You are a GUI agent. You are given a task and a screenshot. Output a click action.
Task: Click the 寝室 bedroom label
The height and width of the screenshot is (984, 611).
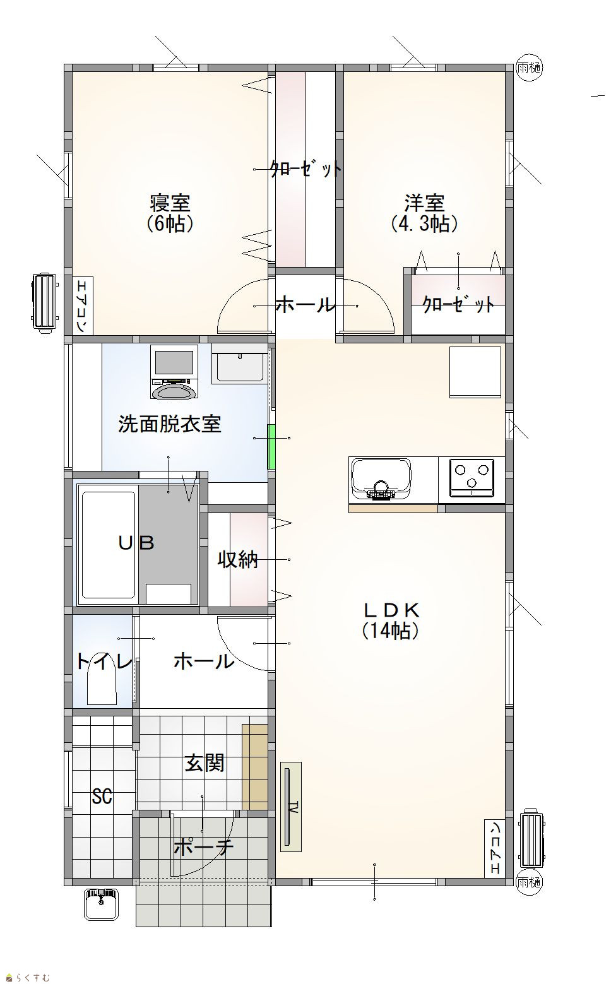point(170,203)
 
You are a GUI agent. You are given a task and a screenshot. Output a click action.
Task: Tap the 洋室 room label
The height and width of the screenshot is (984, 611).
point(425,203)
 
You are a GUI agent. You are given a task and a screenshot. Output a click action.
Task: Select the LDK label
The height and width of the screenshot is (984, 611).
point(390,610)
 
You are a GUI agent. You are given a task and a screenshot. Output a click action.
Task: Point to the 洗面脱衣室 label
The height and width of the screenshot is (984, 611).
point(170,424)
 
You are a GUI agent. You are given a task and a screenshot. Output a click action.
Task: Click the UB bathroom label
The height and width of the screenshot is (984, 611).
point(136,543)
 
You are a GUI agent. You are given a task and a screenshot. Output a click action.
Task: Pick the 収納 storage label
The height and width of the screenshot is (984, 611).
point(238,559)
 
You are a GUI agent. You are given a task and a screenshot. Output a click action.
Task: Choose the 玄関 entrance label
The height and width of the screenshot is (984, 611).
point(205,763)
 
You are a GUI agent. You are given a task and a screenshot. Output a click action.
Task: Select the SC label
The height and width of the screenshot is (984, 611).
point(102,796)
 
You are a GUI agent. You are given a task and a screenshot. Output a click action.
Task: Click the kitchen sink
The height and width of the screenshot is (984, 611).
point(381,479)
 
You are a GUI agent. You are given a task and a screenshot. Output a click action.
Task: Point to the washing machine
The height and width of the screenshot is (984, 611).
point(174,372)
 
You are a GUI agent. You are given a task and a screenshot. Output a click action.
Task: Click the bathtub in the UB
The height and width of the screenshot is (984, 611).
point(109,545)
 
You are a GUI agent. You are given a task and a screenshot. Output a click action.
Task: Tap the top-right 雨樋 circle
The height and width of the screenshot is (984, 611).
point(529,68)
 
